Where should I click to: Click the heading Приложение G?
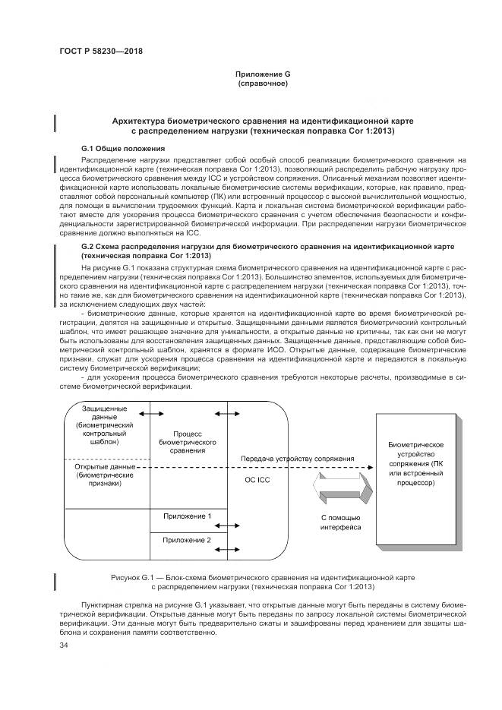(263, 74)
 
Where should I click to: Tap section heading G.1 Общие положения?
(122, 147)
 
